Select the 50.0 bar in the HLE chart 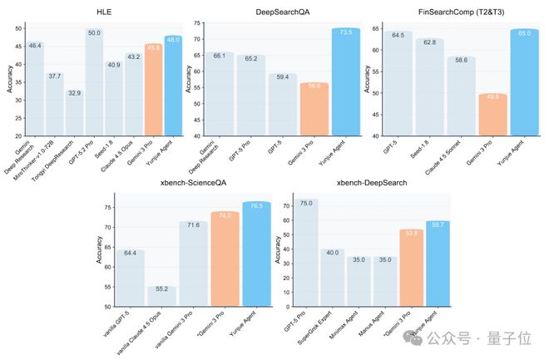(x=94, y=83)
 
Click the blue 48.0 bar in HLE (x=174, y=87)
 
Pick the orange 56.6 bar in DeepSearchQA (x=314, y=109)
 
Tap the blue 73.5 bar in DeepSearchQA (x=343, y=83)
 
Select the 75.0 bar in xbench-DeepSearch (x=306, y=254)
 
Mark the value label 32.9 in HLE (x=74, y=94)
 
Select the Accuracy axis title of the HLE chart (x=9, y=82)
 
